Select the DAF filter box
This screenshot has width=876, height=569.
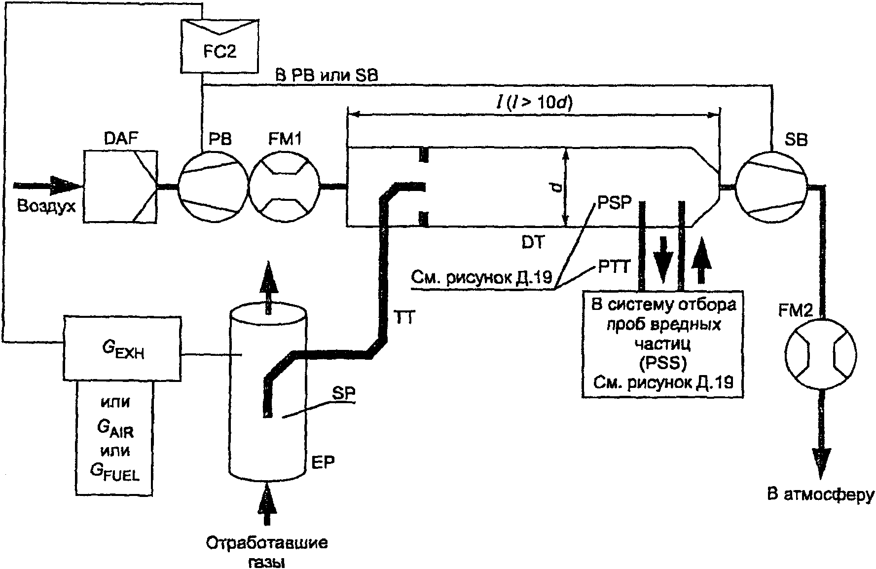click(x=120, y=186)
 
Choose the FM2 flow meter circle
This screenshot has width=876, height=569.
click(x=821, y=353)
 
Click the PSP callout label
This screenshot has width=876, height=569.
click(x=614, y=202)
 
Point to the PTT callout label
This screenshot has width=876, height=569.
click(x=615, y=268)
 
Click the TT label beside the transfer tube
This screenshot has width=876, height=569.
click(x=405, y=318)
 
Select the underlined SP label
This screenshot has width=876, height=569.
click(x=343, y=393)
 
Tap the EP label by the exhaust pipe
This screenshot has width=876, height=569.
click(x=323, y=462)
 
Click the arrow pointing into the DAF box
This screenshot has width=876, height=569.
click(x=49, y=186)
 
